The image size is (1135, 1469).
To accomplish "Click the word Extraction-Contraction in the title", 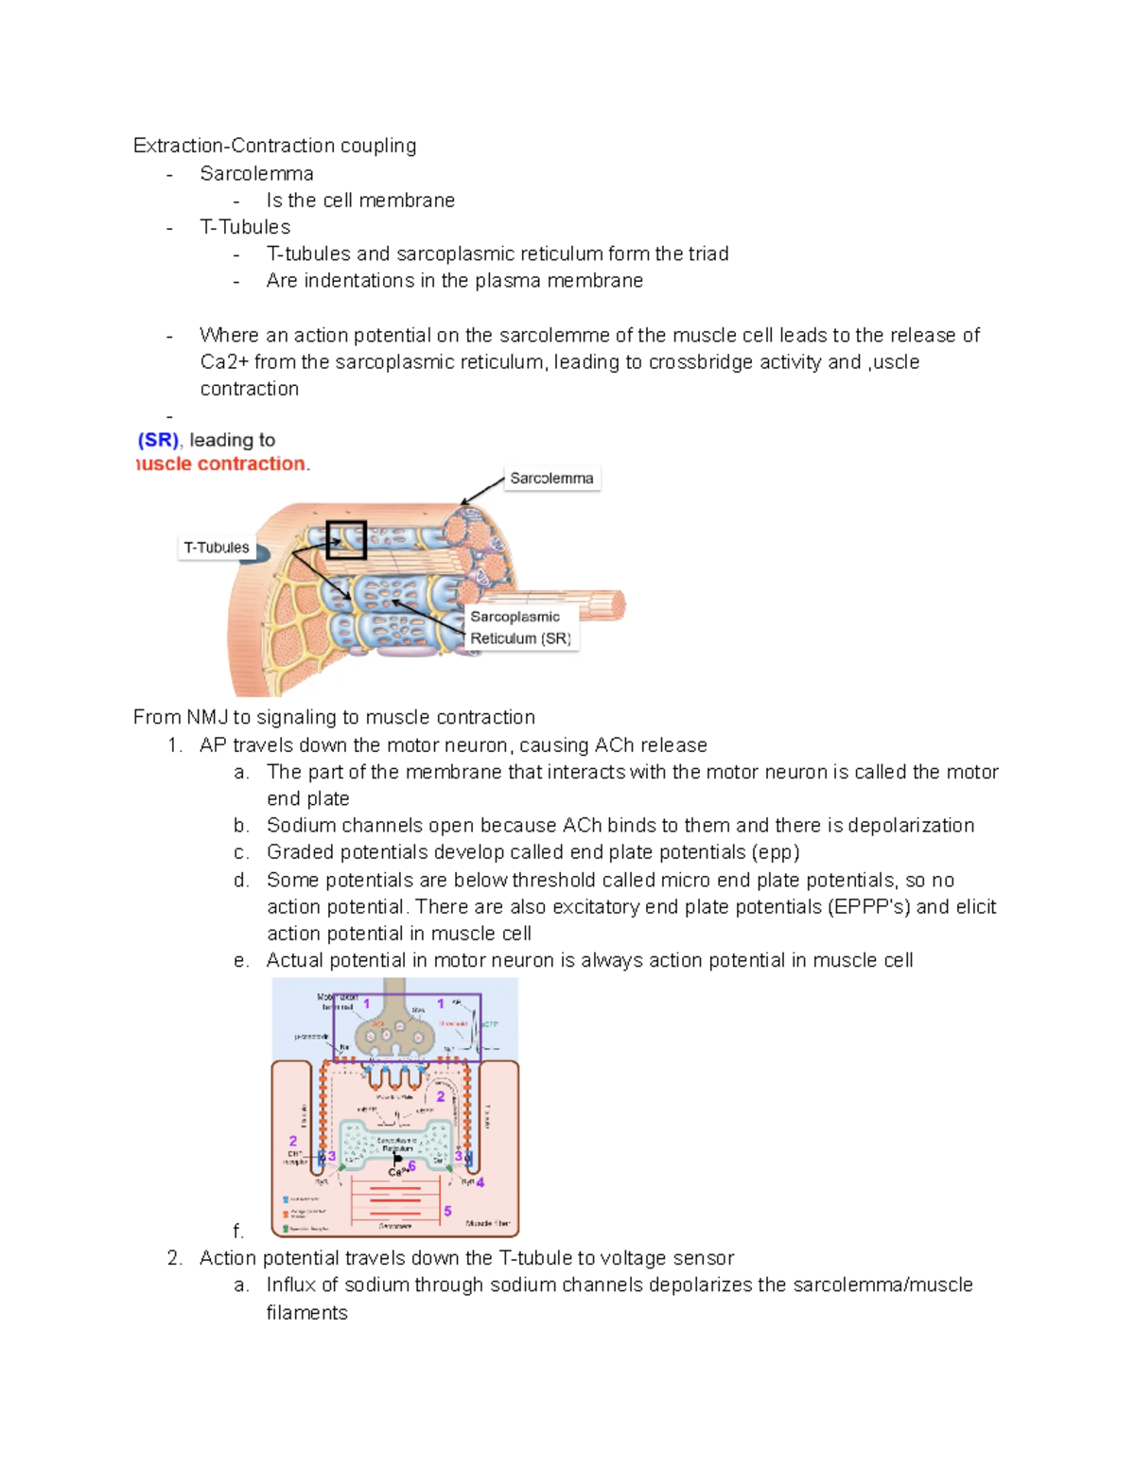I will pos(234,146).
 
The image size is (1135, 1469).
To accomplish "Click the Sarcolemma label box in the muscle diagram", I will pos(551,479).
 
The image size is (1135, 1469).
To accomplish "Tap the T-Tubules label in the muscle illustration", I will pos(217,548).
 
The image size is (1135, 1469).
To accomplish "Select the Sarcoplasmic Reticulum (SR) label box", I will pos(519,628).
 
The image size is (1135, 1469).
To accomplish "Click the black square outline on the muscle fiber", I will pos(346,540).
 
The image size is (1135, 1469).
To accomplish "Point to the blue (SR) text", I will pos(158,440).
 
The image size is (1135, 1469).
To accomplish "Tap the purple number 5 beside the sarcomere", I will pos(447,1211).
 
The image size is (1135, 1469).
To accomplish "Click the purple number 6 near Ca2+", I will pos(412,1166).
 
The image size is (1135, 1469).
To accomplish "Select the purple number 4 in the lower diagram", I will pos(480,1182).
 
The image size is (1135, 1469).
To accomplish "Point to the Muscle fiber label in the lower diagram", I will pos(488,1224).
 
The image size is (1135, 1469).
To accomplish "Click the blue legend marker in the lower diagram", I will pos(286,1199).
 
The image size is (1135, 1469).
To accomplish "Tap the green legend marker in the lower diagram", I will pos(286,1228).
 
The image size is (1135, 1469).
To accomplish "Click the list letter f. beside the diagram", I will pos(238,1232).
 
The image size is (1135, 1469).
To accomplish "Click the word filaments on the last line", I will pos(306,1313).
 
